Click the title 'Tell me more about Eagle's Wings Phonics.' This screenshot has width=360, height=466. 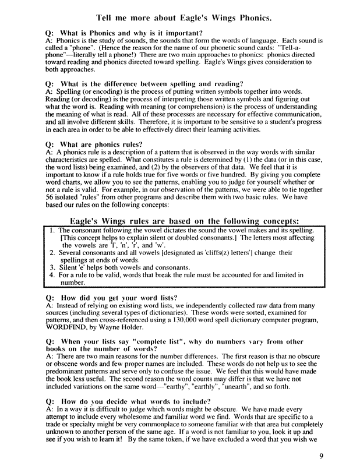pos(180,18)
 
